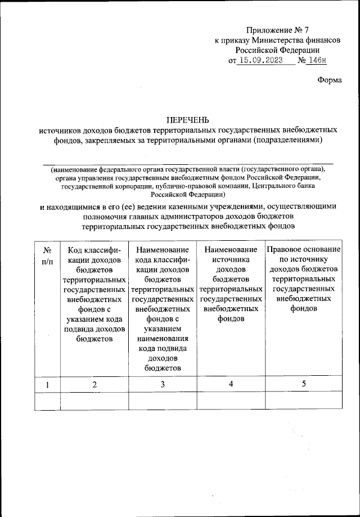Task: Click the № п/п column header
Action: click(x=48, y=254)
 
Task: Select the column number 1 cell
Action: click(x=48, y=384)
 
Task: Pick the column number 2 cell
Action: click(x=94, y=384)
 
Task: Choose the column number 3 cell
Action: click(x=162, y=384)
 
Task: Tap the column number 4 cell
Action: click(x=230, y=384)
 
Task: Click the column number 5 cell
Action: click(x=303, y=384)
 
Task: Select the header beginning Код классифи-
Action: click(x=94, y=249)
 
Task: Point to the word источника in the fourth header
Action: click(x=231, y=259)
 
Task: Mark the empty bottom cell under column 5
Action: click(x=303, y=401)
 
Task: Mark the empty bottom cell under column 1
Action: click(x=48, y=401)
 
